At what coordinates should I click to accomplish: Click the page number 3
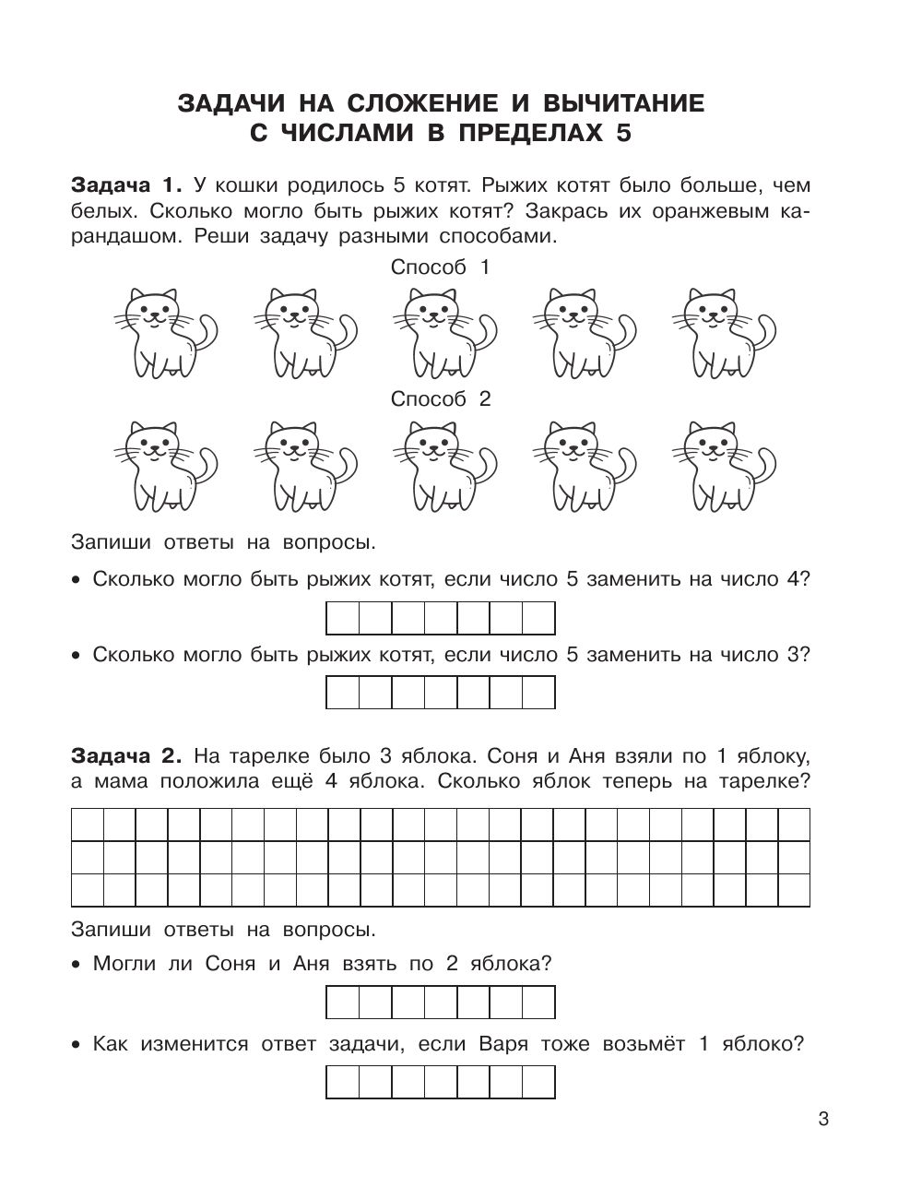click(823, 1120)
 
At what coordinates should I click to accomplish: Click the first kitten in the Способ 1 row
click(162, 331)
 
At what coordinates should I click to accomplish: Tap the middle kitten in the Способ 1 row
click(441, 331)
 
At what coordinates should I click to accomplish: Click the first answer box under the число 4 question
click(342, 618)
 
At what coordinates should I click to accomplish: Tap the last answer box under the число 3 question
click(538, 692)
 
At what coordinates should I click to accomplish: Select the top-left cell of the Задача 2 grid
click(87, 825)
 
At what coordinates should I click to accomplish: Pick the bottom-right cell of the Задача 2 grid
click(794, 889)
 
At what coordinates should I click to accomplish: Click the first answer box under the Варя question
click(342, 1081)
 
